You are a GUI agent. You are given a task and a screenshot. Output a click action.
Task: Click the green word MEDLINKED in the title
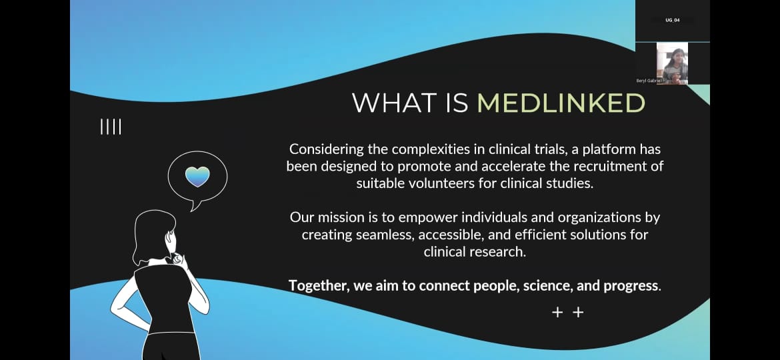tap(561, 103)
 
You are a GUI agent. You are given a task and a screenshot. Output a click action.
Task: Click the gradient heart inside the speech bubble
tap(197, 177)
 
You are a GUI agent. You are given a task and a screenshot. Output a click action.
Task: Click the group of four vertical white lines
tap(111, 127)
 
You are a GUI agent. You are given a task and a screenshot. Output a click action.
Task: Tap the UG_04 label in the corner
tap(673, 20)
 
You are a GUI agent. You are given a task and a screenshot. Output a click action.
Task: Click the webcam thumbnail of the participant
tap(672, 63)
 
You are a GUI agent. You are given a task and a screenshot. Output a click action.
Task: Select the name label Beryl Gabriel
tap(649, 81)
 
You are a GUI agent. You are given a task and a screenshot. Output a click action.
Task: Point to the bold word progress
tap(631, 287)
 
